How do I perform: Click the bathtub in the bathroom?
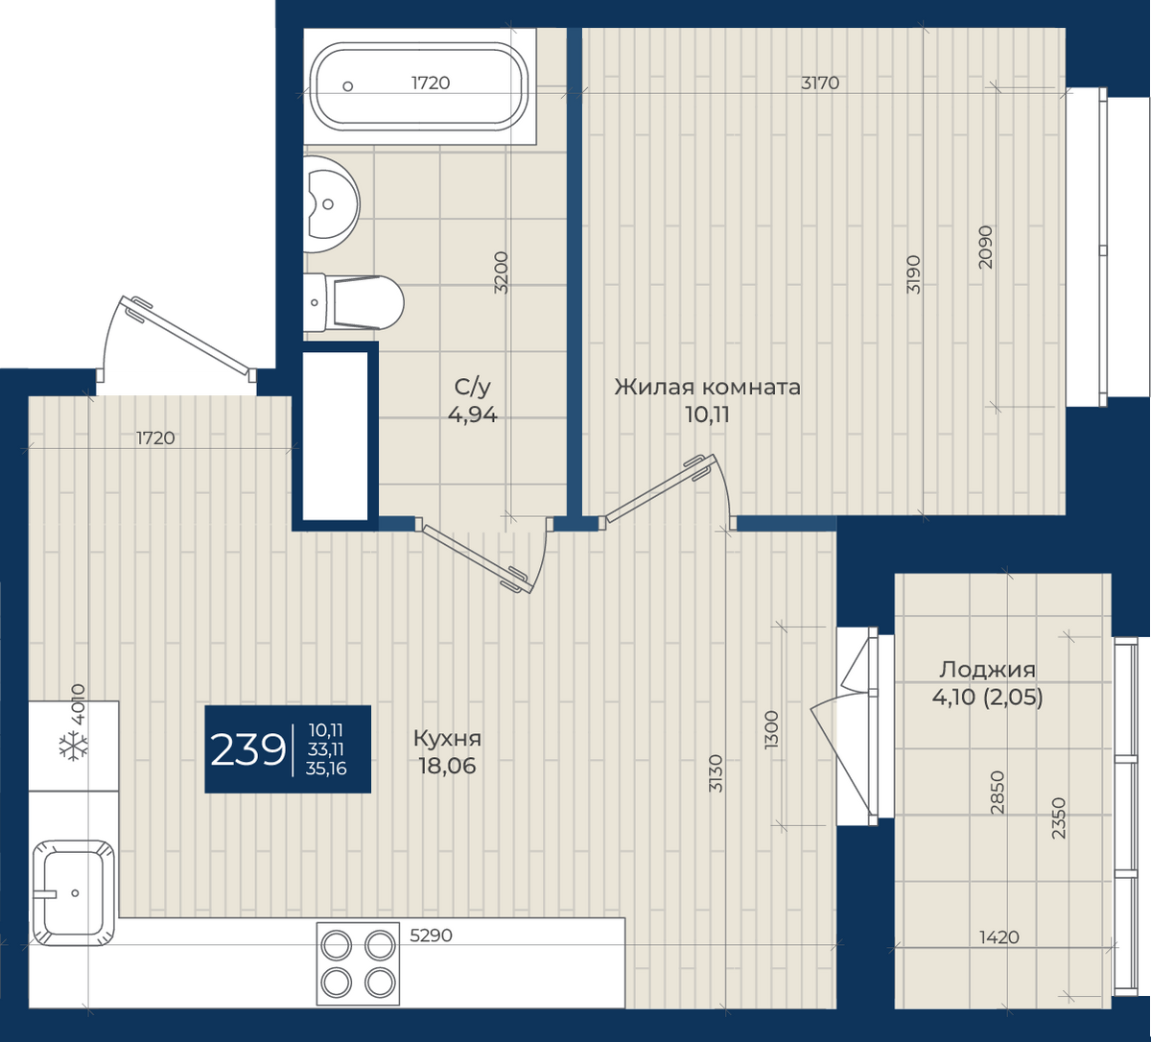(419, 86)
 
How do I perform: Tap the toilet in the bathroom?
(353, 302)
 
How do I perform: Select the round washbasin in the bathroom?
(331, 203)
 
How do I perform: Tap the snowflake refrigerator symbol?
(74, 746)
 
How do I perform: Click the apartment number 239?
(247, 749)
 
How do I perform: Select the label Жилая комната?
(707, 387)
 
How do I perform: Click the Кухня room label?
(447, 739)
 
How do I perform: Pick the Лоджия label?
(987, 670)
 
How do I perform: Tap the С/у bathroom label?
(472, 387)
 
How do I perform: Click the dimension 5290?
(431, 935)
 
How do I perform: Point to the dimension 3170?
(820, 83)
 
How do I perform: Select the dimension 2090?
(985, 247)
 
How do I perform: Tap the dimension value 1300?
(771, 729)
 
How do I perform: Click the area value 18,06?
(447, 766)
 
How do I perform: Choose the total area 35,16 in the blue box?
(326, 769)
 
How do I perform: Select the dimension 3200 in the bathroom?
(501, 272)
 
